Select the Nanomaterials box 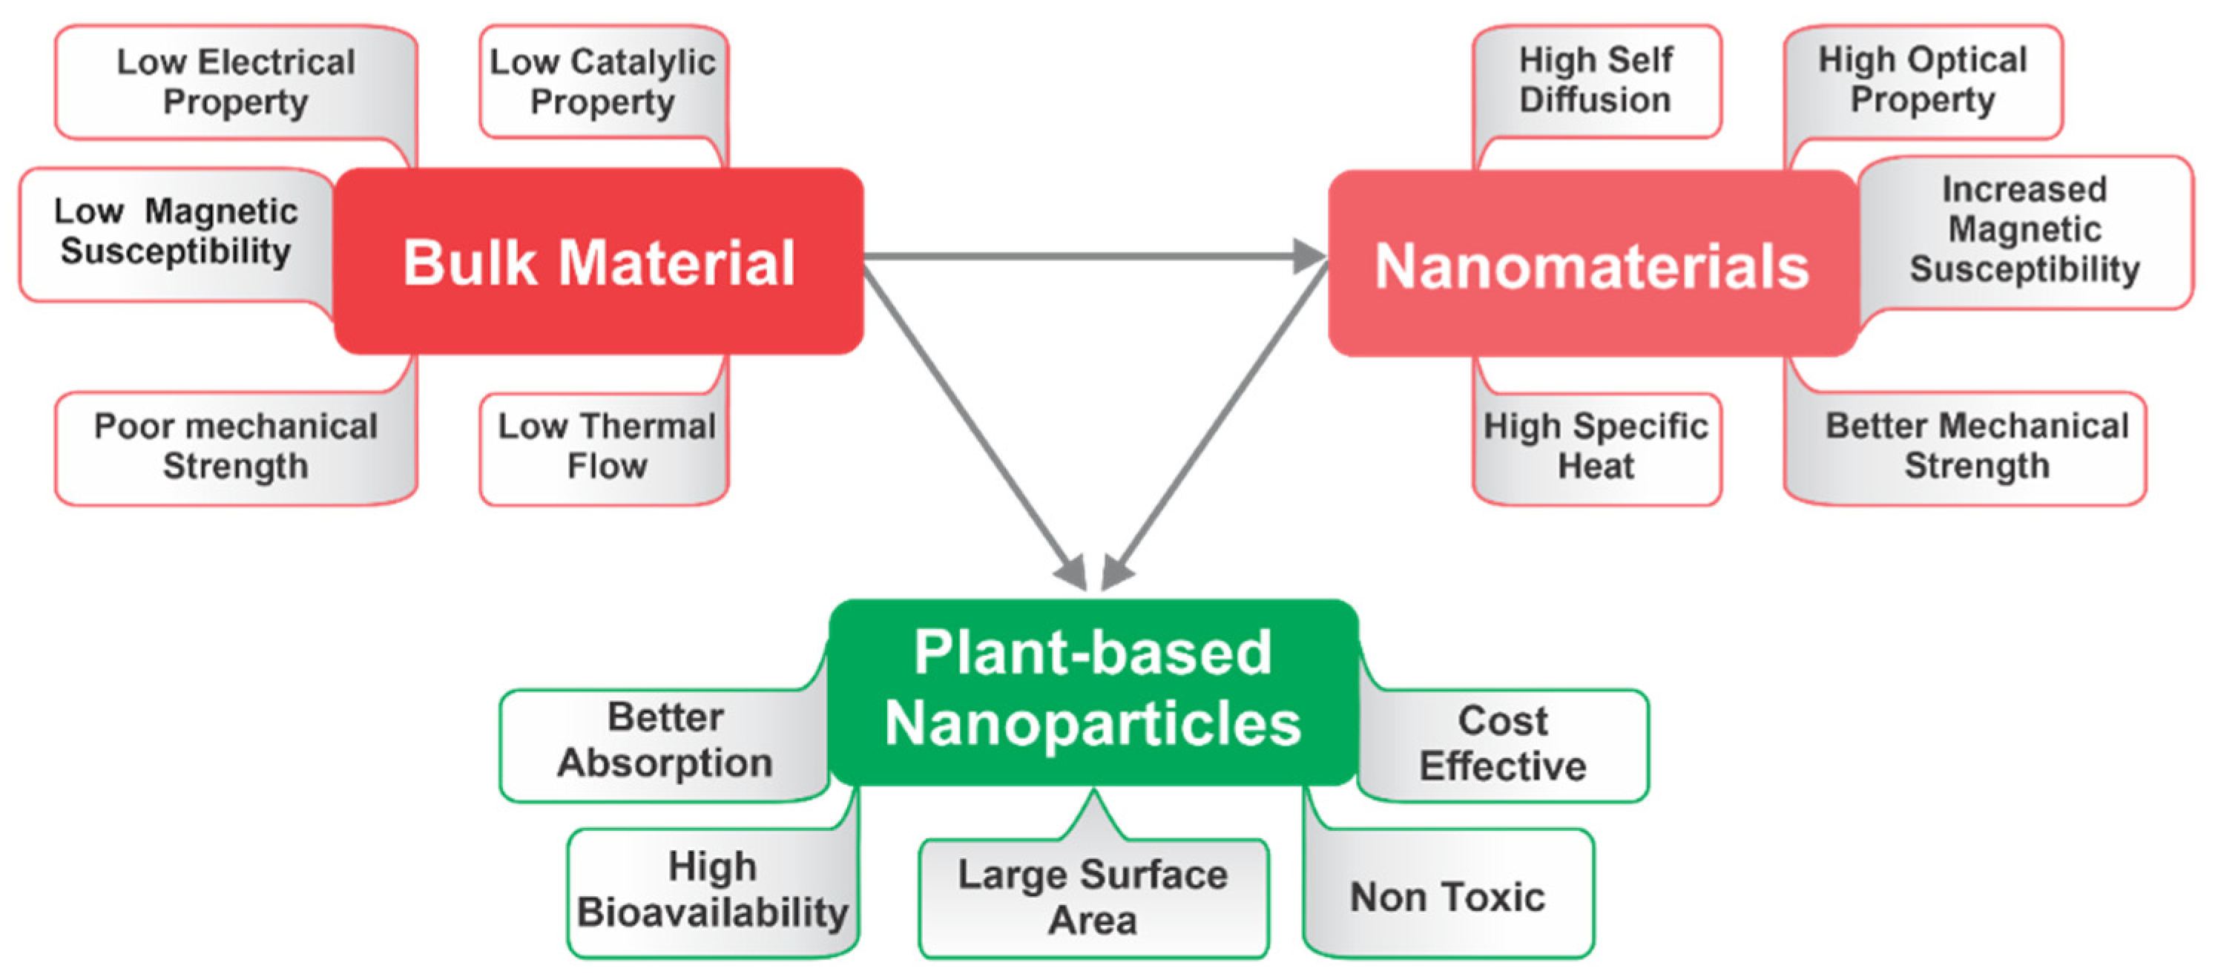pos(1592,265)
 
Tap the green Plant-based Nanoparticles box pos(1093,688)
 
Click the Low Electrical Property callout pos(236,82)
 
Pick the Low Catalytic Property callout pos(602,82)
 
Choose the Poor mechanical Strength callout pos(236,447)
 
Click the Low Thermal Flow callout pos(606,447)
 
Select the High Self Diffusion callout pos(1596,80)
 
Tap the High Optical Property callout pos(1923,80)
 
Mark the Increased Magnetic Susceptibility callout pos(2024,231)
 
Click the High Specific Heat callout pos(1596,447)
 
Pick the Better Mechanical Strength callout pos(1976,447)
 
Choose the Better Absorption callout pos(665,741)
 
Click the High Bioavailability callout pos(712,891)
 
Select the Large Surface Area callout pos(1093,898)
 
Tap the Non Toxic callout pos(1448,898)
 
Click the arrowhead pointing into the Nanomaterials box pos(1309,256)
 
